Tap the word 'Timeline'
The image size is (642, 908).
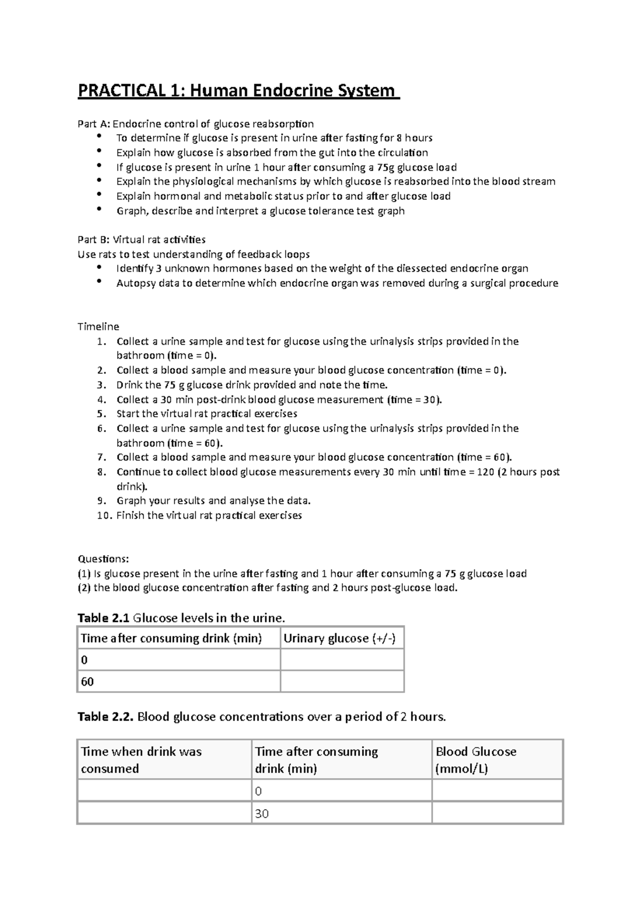coord(98,327)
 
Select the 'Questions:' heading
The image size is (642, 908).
coord(103,559)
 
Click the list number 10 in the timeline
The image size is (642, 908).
coord(104,515)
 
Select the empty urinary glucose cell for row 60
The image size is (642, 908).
coord(342,681)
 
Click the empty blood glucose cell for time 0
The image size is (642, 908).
coord(496,791)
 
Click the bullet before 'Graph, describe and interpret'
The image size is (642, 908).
coord(99,210)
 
